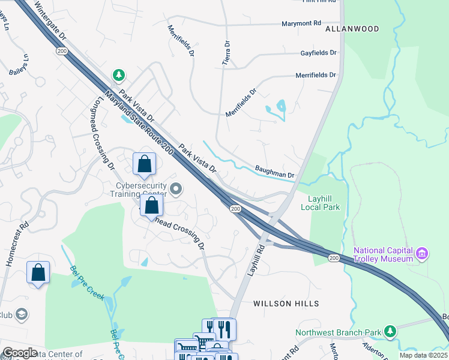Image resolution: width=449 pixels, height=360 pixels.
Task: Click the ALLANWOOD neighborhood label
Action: [x=352, y=29]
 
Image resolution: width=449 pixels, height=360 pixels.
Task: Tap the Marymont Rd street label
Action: [x=301, y=23]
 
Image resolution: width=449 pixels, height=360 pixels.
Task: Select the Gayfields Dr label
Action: [x=319, y=53]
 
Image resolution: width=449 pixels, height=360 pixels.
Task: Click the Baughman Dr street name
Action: [x=274, y=172]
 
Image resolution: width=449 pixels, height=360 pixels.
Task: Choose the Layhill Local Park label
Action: [x=320, y=202]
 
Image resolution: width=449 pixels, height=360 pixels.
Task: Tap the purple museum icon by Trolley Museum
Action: [x=421, y=254]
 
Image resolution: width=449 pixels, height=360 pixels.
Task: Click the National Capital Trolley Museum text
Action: [x=382, y=254]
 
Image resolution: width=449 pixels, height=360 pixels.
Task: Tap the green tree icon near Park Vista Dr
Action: [x=119, y=75]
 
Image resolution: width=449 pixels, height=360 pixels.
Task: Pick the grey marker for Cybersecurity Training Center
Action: [x=176, y=190]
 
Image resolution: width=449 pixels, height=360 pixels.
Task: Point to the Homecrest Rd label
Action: [x=16, y=245]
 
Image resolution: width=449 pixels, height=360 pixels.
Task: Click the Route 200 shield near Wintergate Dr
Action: [x=61, y=52]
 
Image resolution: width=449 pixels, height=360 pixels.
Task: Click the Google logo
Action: [x=20, y=353]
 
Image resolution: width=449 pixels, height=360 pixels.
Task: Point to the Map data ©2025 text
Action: [x=423, y=355]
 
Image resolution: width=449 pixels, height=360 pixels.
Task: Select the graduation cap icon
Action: [x=22, y=314]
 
